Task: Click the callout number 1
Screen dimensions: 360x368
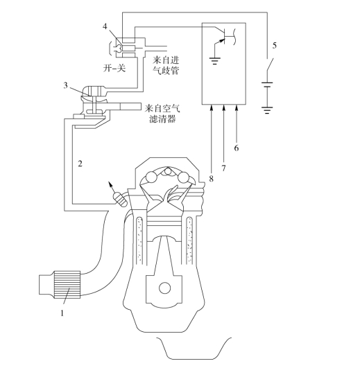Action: click(x=62, y=313)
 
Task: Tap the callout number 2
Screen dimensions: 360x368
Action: click(x=80, y=164)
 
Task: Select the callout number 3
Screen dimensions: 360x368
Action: click(x=65, y=85)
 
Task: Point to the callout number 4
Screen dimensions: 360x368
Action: click(x=105, y=26)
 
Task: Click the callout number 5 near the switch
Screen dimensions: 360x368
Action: click(x=275, y=45)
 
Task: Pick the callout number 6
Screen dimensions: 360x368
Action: click(x=237, y=148)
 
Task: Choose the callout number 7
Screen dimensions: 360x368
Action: click(x=223, y=168)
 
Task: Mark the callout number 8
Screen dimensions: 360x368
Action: click(x=212, y=179)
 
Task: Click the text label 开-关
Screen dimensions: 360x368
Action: click(x=114, y=68)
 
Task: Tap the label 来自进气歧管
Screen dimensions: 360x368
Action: click(x=166, y=65)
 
